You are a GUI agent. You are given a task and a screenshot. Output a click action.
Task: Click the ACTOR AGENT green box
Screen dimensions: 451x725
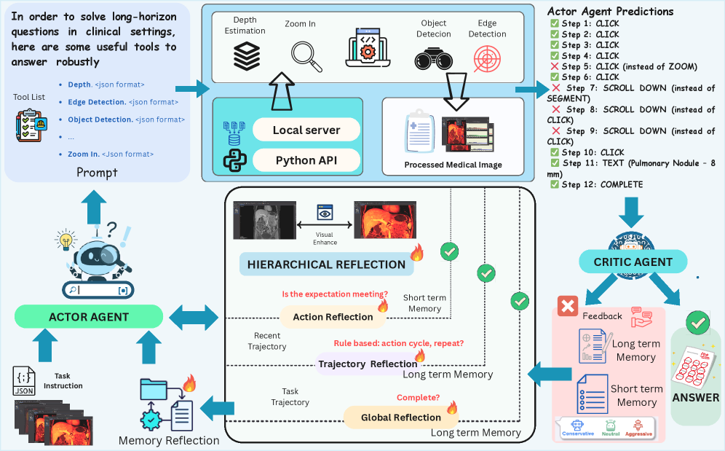click(89, 316)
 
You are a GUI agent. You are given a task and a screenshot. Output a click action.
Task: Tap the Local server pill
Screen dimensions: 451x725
click(306, 130)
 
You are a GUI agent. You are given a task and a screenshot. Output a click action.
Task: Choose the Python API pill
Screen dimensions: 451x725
click(306, 160)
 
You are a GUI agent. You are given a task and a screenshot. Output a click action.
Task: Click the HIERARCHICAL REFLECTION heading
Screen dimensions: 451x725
click(327, 264)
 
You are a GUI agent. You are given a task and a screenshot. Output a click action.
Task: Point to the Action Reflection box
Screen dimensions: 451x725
click(332, 316)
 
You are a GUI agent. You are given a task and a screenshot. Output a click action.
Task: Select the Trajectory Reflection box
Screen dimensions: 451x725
click(368, 364)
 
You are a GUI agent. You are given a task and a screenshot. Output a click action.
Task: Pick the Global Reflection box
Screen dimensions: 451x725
click(401, 417)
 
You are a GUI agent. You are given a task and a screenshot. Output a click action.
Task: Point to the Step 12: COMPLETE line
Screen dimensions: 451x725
click(596, 184)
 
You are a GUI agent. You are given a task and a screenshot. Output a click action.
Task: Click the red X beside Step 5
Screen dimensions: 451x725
click(555, 66)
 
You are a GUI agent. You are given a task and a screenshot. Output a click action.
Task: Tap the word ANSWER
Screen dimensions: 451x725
click(696, 398)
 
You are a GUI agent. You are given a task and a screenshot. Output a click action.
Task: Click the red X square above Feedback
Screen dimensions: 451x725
click(567, 306)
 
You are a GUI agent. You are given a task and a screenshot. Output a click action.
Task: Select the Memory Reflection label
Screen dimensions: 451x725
click(169, 440)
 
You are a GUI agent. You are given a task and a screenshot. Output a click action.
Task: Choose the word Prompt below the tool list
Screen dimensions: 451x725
click(97, 173)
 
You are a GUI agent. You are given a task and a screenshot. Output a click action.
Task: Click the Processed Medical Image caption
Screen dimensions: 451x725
click(453, 165)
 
